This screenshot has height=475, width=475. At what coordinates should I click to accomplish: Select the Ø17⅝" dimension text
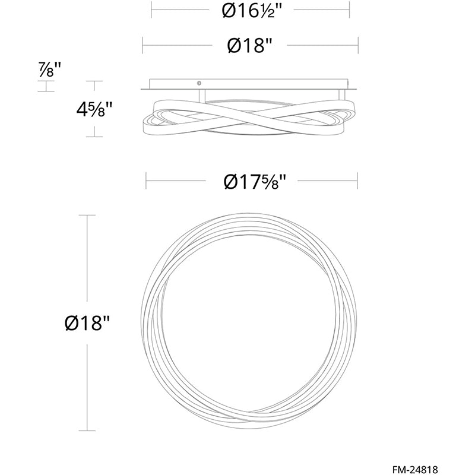click(x=255, y=182)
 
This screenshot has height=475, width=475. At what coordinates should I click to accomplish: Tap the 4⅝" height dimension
click(x=94, y=109)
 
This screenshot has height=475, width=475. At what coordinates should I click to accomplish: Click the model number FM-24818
click(x=415, y=469)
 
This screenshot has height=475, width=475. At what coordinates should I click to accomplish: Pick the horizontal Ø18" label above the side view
click(x=248, y=46)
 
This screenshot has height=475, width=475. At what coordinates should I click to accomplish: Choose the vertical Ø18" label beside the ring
click(x=87, y=323)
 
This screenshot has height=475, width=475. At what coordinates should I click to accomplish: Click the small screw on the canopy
click(x=199, y=83)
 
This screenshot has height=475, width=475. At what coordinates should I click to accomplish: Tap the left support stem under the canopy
click(x=202, y=96)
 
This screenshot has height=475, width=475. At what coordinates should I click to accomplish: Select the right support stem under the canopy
click(x=342, y=94)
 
